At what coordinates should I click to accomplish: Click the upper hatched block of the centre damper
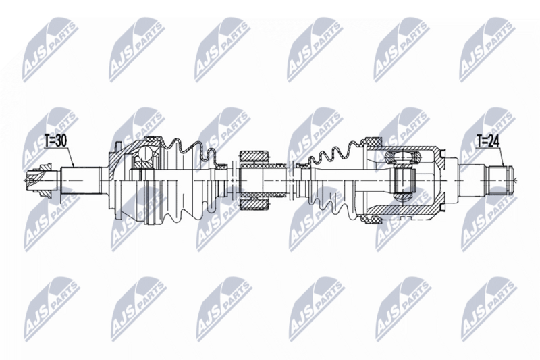(x=254, y=159)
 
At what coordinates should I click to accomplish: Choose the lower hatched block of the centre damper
(x=254, y=201)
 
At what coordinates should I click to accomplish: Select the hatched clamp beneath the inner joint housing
(x=372, y=217)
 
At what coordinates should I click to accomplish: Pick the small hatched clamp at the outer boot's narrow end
(x=221, y=164)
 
